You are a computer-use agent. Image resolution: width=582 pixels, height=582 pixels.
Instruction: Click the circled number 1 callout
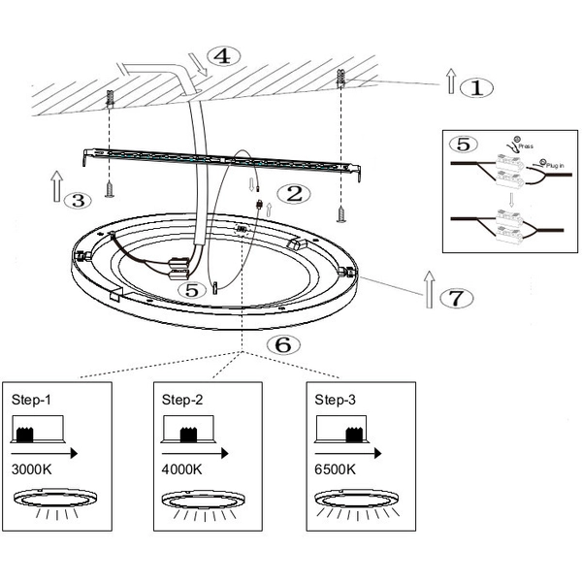click(x=475, y=86)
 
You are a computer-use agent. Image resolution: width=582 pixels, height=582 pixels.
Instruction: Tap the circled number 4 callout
click(x=222, y=55)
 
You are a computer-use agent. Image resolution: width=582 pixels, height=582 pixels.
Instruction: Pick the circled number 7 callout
click(x=459, y=298)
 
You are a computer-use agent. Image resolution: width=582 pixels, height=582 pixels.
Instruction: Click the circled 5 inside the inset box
click(x=467, y=145)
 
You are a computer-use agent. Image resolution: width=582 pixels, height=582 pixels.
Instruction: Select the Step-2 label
click(x=181, y=399)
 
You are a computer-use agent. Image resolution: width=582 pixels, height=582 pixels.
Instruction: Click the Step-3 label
click(x=335, y=399)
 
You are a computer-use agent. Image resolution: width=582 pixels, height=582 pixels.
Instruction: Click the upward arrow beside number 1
click(x=450, y=80)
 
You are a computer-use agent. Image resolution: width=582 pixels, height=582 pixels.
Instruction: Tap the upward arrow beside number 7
click(x=428, y=289)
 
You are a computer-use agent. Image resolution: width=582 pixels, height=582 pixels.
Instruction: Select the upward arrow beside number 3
click(x=55, y=186)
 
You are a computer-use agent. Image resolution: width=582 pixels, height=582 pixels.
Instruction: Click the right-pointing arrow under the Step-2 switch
click(x=198, y=451)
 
